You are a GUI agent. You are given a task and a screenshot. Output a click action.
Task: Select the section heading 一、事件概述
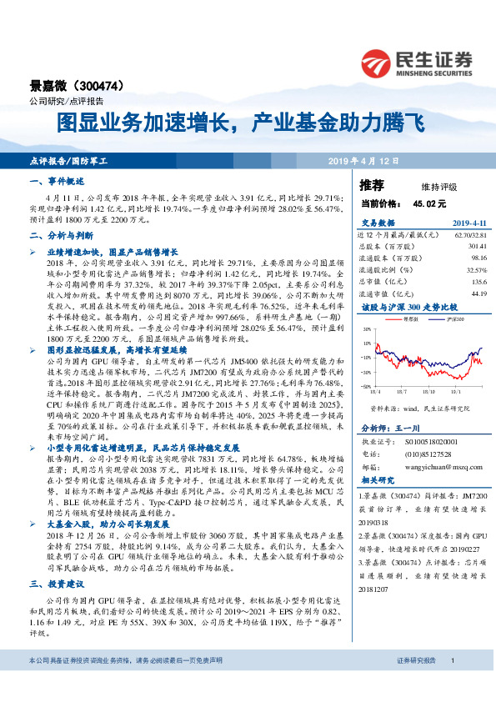tap(58, 181)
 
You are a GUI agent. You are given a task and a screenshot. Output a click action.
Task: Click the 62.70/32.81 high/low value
tap(468, 235)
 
